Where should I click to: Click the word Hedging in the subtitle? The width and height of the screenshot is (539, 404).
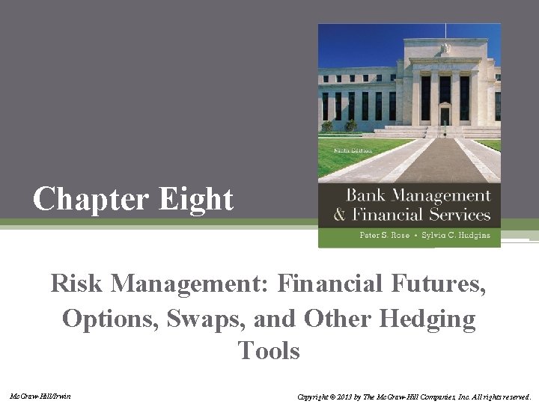click(427, 319)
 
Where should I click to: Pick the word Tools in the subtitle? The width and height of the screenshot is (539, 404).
click(269, 350)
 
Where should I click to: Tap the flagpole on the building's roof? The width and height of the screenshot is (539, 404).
click(445, 31)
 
